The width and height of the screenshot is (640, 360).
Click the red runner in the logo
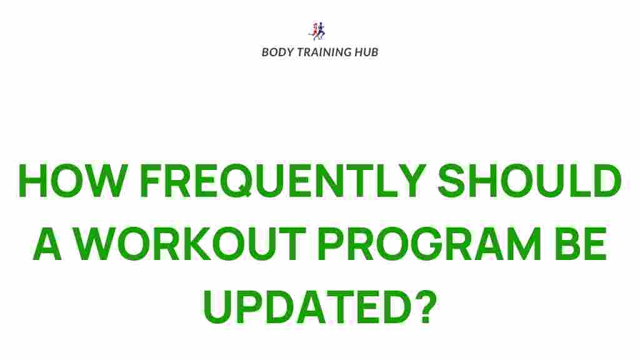tap(315, 31)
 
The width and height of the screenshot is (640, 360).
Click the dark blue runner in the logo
tap(321, 31)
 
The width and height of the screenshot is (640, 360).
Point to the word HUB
tap(367, 52)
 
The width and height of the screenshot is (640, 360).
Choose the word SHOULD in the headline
tap(529, 181)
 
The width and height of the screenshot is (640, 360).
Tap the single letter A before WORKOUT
tap(47, 244)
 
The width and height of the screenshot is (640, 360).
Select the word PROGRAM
tap(429, 244)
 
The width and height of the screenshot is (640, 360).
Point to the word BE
tap(580, 244)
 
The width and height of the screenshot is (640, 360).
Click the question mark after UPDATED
tap(426, 306)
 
